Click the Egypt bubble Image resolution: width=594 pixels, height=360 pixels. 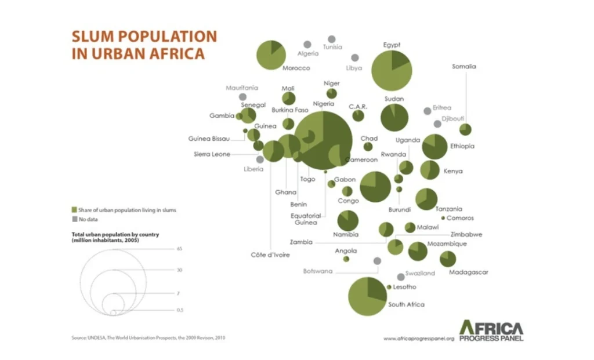(392, 71)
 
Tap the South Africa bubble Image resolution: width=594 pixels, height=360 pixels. (367, 296)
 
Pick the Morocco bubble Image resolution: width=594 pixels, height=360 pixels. (271, 54)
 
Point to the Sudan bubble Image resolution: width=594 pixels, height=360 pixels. (394, 118)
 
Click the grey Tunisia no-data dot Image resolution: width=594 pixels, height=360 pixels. (332, 39)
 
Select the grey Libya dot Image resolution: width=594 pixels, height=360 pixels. (354, 58)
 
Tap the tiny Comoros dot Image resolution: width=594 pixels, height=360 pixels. (443, 218)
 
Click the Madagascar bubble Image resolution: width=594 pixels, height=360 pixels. (448, 259)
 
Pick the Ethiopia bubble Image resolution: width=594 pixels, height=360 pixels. (434, 146)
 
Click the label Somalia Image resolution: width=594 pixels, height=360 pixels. (464, 67)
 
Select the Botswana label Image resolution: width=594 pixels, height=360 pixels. (318, 271)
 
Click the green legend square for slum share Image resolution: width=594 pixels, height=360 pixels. (74, 210)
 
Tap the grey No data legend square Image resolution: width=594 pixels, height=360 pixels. (74, 220)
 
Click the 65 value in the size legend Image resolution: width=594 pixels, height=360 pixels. (180, 248)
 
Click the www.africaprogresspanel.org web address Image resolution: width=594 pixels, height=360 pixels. (418, 338)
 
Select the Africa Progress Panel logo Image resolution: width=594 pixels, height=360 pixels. (491, 330)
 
